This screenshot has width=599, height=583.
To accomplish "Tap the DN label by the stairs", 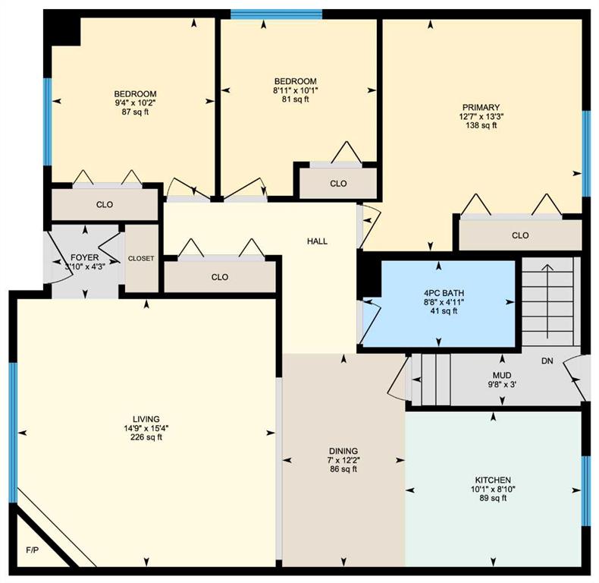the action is click(547, 361).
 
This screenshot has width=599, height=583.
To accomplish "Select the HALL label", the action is click(317, 241).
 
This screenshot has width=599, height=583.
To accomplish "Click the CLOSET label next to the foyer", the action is click(141, 259).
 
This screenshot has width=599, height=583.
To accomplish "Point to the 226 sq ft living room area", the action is click(146, 437).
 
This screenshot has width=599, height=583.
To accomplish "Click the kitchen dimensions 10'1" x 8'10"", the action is click(493, 489).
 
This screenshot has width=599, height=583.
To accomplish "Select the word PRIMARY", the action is click(481, 108).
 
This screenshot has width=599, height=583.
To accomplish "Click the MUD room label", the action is click(502, 375).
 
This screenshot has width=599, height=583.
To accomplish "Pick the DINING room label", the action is click(343, 451).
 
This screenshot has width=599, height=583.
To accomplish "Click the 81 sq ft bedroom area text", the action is click(295, 99).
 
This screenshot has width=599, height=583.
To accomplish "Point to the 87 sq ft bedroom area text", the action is click(135, 112).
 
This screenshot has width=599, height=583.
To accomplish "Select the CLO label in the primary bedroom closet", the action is click(520, 235).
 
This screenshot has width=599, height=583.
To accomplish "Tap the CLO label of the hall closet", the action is click(220, 277).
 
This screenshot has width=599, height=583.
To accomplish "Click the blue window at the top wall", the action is click(276, 14).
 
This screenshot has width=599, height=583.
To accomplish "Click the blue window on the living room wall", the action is click(14, 433).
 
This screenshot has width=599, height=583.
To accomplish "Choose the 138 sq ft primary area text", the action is click(481, 125).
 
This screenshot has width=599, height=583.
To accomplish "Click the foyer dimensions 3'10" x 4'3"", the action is click(85, 266).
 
